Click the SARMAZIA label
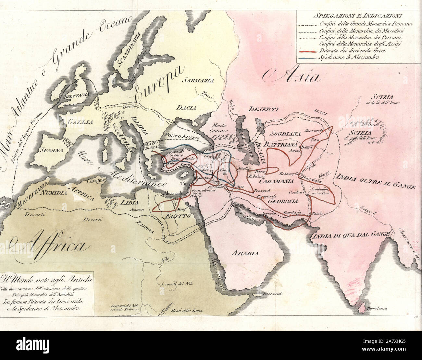(x=197, y=80)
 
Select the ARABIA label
(x=245, y=253)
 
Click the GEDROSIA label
(x=283, y=201)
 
